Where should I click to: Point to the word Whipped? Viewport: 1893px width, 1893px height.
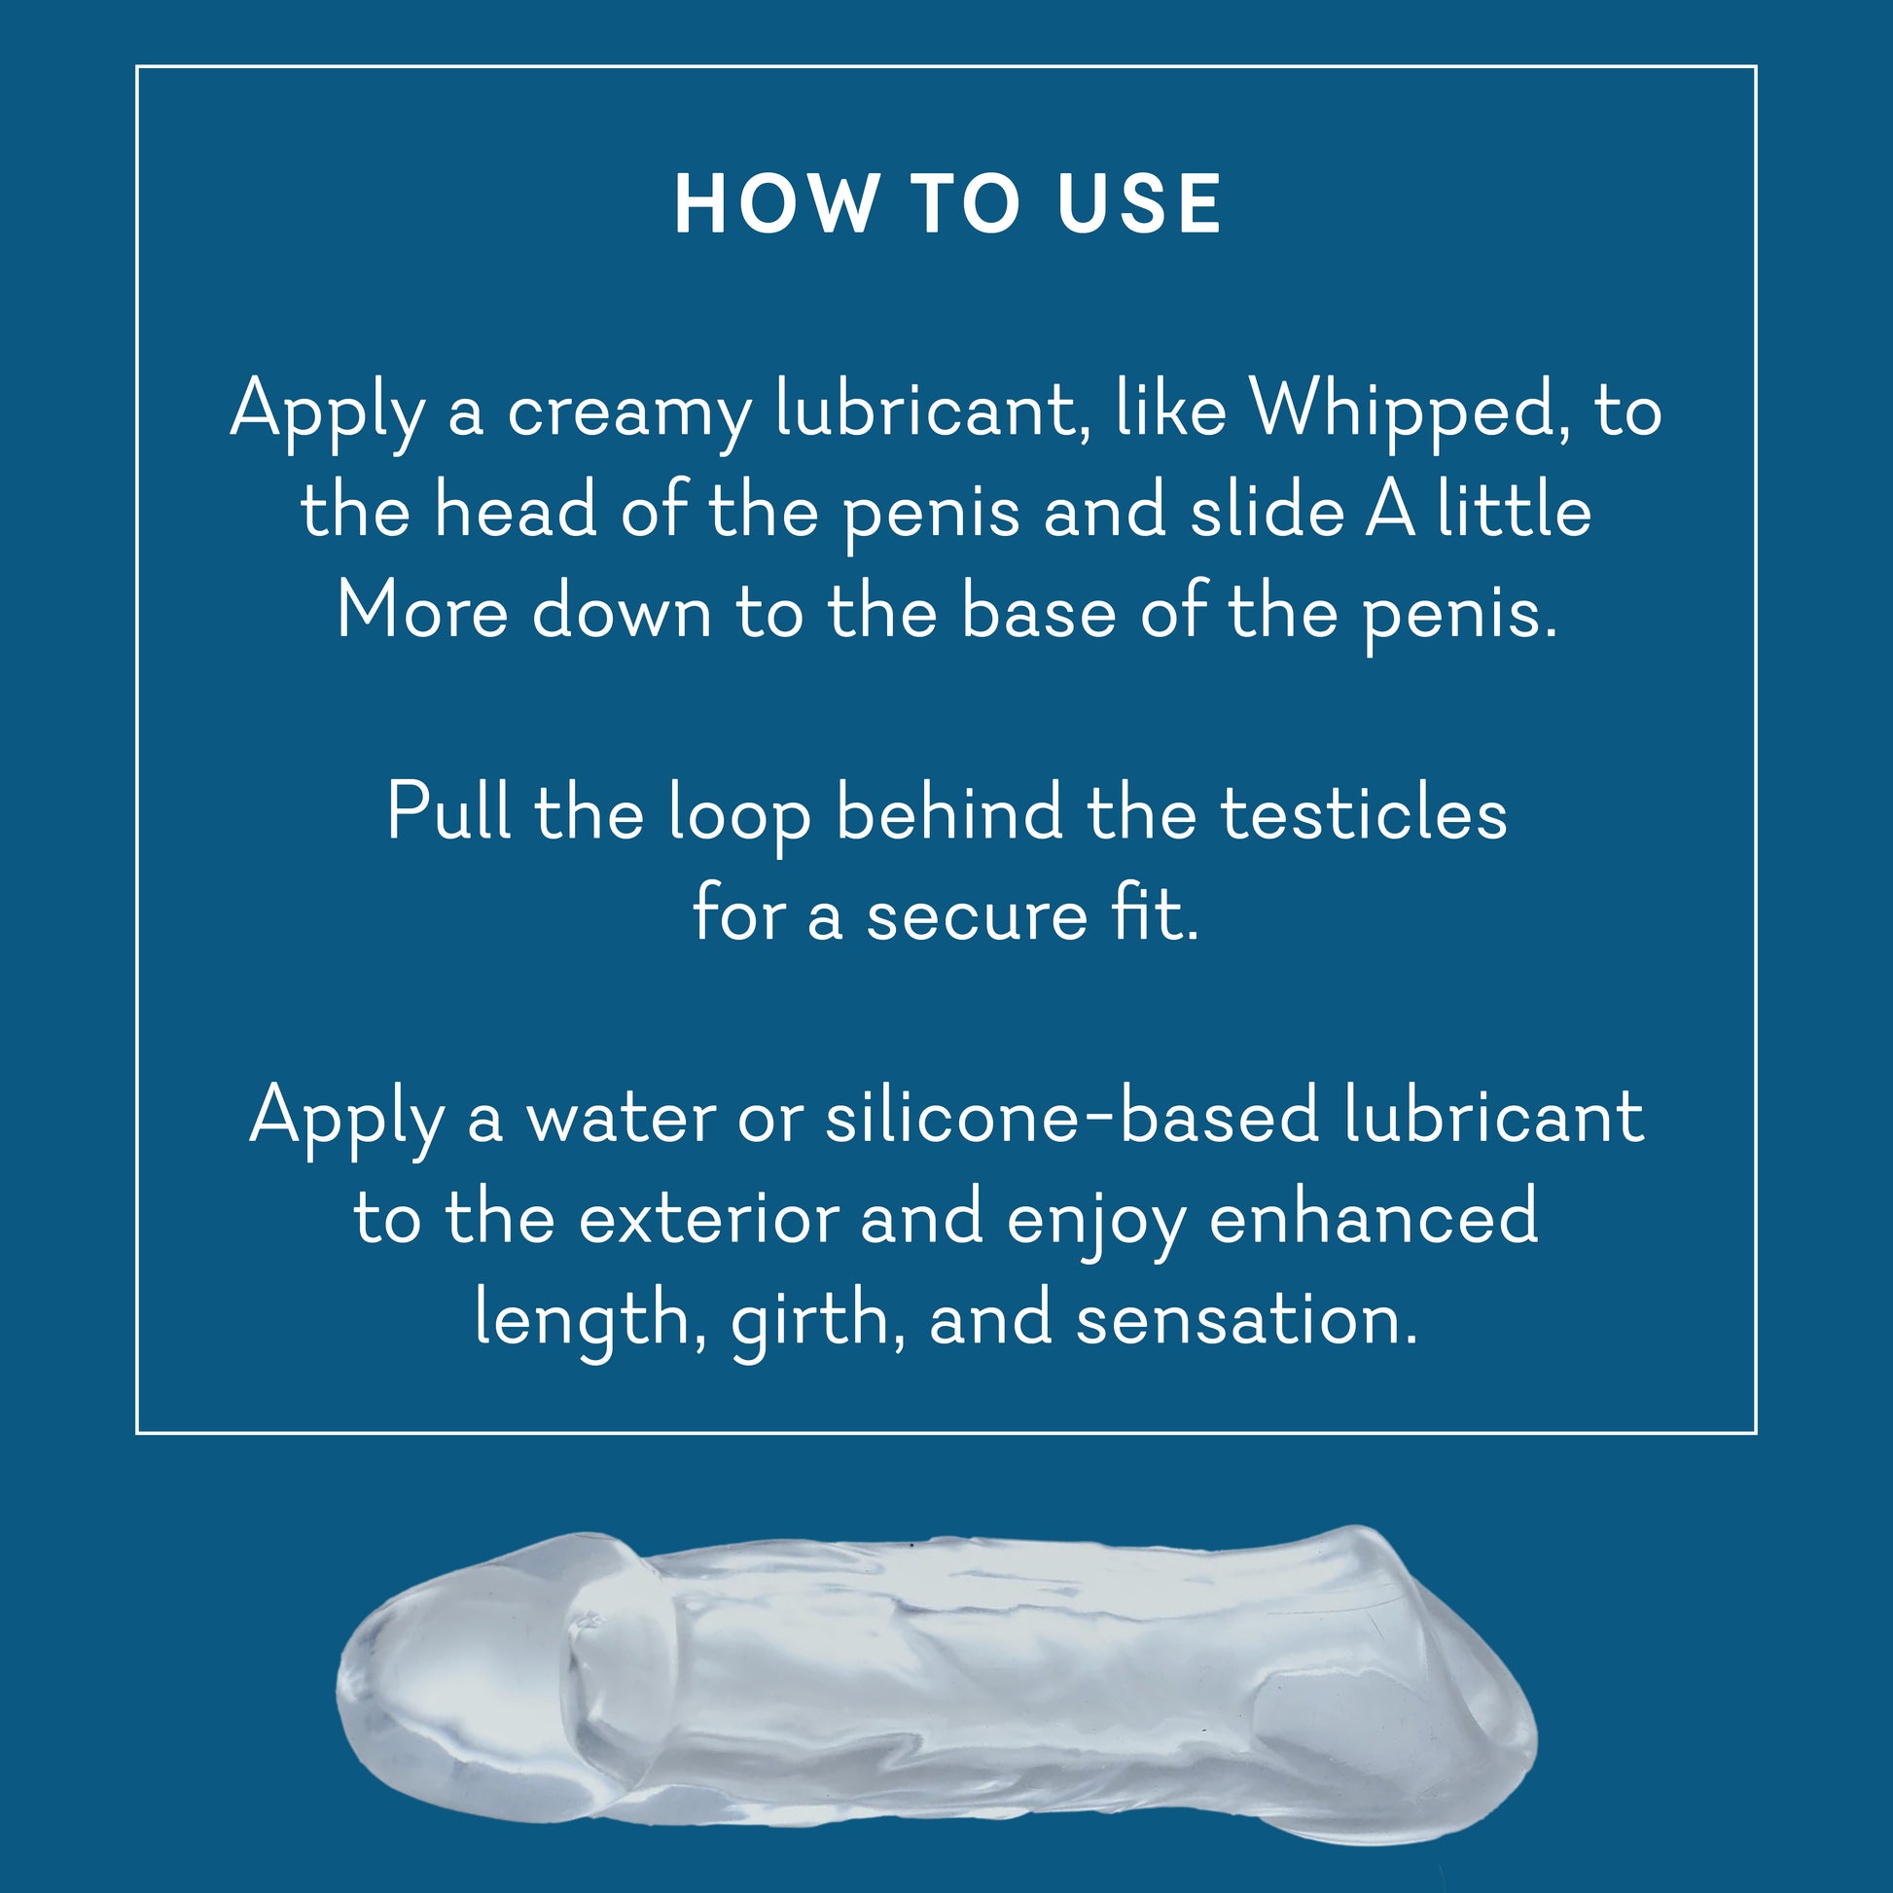pyautogui.click(x=1402, y=409)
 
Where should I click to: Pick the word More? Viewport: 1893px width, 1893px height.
pyautogui.click(x=422, y=611)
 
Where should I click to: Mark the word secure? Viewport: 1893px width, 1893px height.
pyautogui.click(x=977, y=917)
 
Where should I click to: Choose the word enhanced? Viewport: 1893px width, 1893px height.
pyautogui.click(x=1373, y=1215)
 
